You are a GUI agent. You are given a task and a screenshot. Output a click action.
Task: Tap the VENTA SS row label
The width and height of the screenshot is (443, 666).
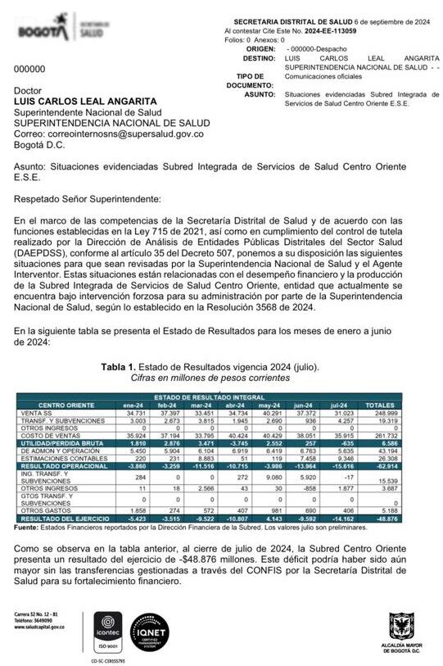(38, 412)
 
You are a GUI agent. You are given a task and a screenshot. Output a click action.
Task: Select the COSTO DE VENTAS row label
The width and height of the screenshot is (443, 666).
(47, 434)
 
